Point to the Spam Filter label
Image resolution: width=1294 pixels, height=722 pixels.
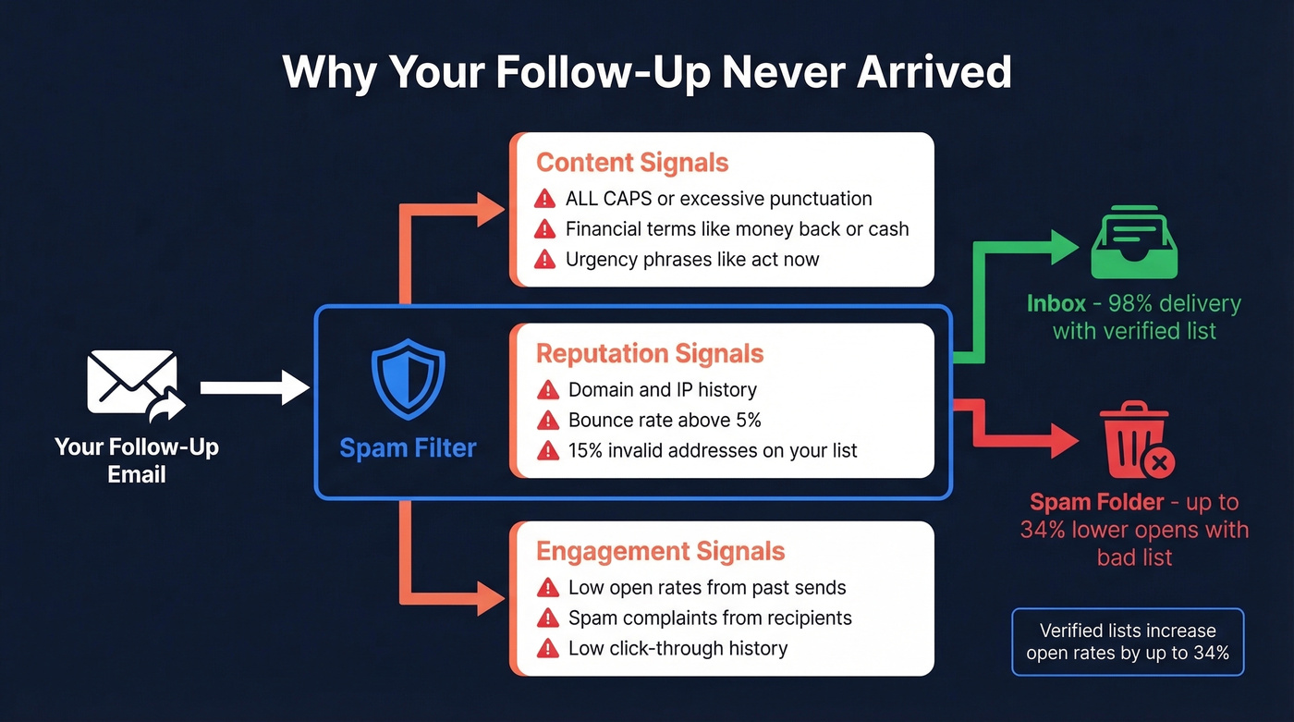pos(408,448)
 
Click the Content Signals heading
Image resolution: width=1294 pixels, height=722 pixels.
pos(632,163)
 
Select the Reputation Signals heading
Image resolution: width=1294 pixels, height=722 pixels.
pos(650,353)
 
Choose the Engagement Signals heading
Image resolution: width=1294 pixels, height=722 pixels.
pos(660,552)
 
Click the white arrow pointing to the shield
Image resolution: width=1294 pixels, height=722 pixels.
pos(254,387)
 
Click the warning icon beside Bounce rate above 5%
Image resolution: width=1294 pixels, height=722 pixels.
pos(548,421)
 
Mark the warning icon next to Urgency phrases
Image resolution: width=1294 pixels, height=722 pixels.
pos(545,260)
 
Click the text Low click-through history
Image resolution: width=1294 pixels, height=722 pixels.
pos(678,648)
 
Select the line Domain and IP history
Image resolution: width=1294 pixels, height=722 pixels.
pos(662,390)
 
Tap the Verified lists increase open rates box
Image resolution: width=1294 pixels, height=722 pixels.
pos(1128,642)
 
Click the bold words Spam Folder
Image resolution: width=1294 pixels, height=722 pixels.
pos(1096,503)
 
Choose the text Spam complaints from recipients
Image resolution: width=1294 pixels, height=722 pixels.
pos(710,618)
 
